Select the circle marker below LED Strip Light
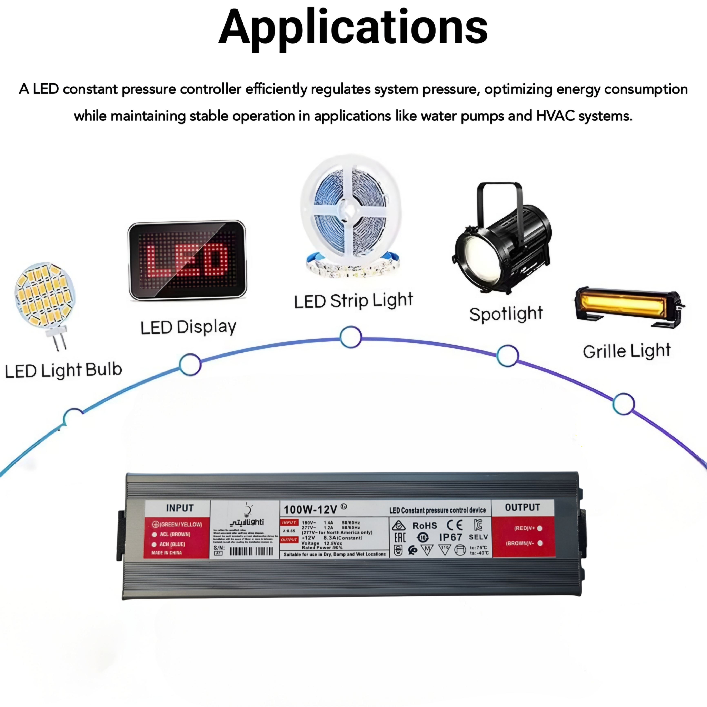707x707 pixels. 351,337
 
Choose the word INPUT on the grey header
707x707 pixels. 179,508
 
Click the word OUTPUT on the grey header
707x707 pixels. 522,507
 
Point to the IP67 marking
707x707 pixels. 450,537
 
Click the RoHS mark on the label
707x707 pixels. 425,526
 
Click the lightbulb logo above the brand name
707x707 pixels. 248,509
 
